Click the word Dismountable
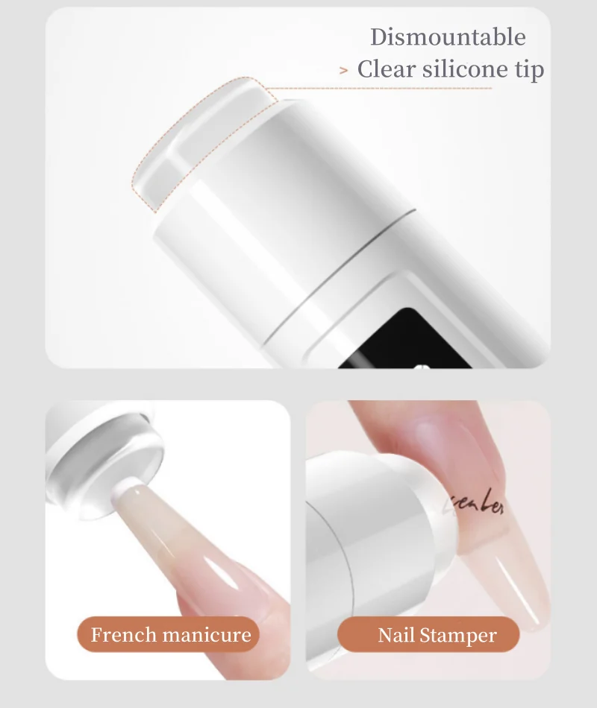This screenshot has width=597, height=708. coord(448,37)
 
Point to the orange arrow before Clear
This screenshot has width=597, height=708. coord(343,71)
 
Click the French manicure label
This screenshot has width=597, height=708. coord(170,635)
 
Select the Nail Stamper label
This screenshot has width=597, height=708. coord(428,635)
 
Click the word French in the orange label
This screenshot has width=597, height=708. coord(122,635)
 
